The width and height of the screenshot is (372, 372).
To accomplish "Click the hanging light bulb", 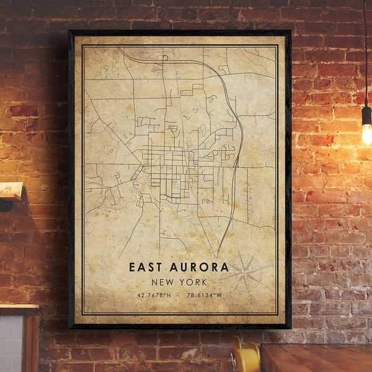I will click(x=367, y=133).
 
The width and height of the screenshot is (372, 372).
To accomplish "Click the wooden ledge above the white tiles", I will click(x=19, y=309).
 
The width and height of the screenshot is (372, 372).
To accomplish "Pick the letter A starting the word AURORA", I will click(x=173, y=267).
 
